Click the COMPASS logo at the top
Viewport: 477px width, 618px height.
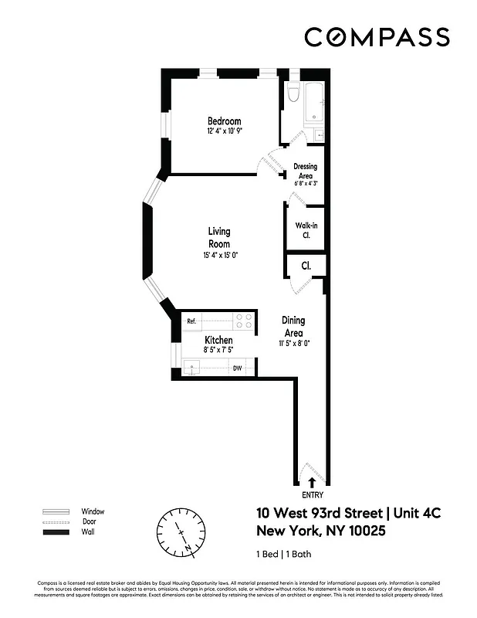[x=377, y=36]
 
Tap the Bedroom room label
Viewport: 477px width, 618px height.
[x=224, y=121]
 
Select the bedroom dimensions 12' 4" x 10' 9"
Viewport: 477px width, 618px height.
[x=224, y=132]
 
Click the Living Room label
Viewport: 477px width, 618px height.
[x=218, y=237]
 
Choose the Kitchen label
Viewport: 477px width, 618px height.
[x=218, y=340]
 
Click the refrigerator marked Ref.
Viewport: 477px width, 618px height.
[x=191, y=321]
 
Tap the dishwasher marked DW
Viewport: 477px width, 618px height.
[x=238, y=368]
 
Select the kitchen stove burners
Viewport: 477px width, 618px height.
[x=244, y=319]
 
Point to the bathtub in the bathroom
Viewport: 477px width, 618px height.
[x=315, y=103]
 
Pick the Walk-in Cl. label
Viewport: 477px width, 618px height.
[x=303, y=230]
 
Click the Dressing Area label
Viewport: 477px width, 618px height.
[x=306, y=171]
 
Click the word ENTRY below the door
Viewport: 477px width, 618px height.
[x=313, y=496]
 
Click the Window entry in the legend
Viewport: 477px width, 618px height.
[x=93, y=511]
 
